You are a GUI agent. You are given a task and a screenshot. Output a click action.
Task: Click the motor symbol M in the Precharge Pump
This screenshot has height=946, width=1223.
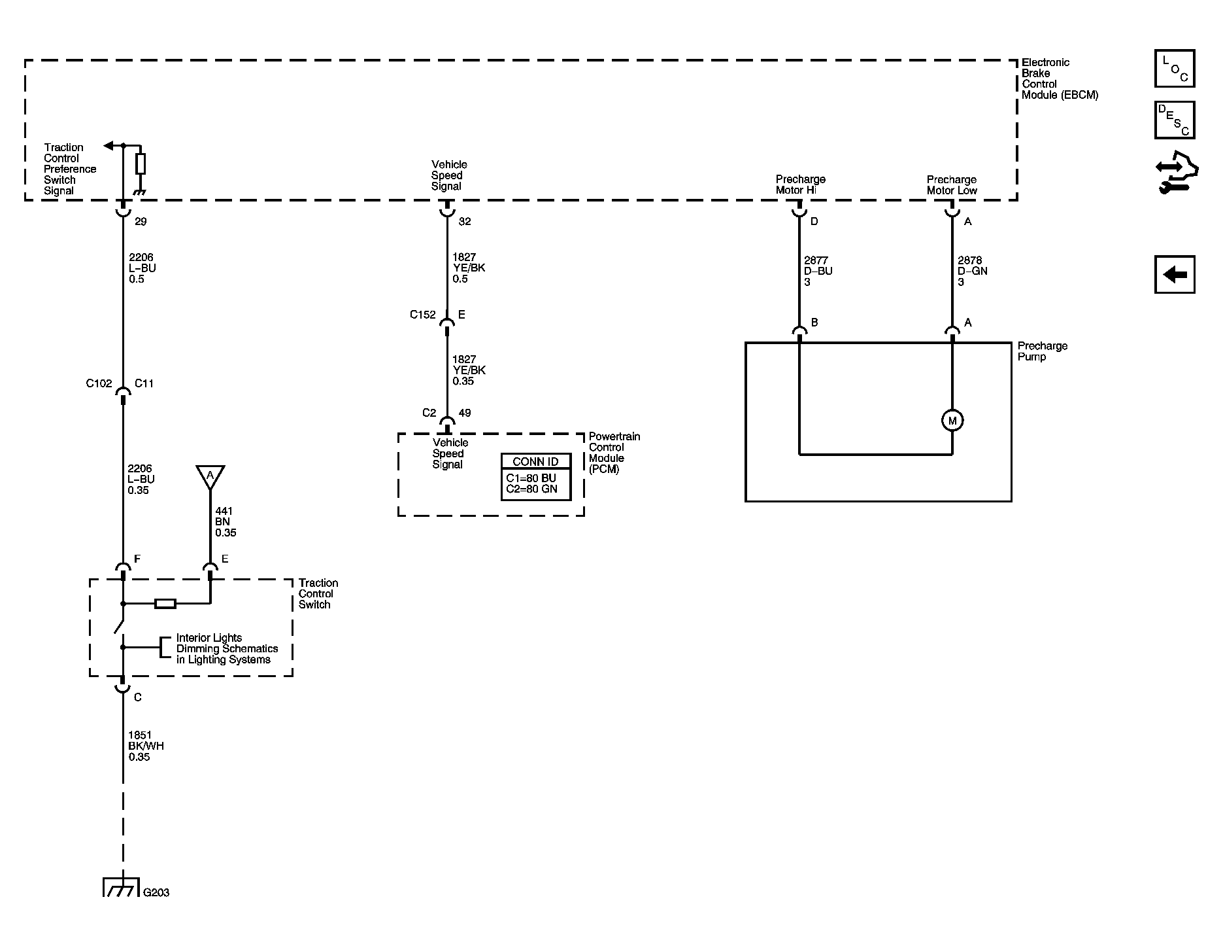pos(952,421)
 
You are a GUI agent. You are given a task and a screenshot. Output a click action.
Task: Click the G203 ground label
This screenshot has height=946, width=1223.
pos(156,892)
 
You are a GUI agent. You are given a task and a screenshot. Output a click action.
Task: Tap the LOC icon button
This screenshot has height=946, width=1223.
pos(1174,69)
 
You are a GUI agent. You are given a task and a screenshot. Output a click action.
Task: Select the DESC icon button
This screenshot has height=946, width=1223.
pos(1174,120)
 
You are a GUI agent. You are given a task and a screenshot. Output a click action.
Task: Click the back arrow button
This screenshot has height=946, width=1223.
pos(1174,274)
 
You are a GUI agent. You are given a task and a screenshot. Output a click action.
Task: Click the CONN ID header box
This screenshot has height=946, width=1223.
pos(535,461)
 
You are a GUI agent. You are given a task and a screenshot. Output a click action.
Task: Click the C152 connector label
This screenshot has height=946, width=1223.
pos(422,315)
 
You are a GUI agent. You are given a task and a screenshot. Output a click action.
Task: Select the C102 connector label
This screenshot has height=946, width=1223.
pos(99,383)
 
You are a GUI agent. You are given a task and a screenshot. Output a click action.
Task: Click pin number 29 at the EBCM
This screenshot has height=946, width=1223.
pos(141,222)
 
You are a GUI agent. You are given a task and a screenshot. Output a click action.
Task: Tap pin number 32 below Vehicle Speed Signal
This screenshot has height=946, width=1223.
pos(464,222)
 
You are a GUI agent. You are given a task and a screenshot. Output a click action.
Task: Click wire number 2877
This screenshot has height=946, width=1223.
pos(816,260)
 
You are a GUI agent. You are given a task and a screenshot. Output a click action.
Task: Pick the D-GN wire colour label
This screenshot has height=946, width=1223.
pos(972,271)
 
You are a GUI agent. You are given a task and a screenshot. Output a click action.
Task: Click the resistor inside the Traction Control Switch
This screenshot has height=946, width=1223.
pos(165,604)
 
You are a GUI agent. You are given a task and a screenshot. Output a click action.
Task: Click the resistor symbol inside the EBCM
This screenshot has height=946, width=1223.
pos(140,164)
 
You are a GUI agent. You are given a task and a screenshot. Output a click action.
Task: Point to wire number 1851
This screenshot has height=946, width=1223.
pos(140,735)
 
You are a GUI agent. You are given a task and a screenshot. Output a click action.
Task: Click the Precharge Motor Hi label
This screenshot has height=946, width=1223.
pos(800,184)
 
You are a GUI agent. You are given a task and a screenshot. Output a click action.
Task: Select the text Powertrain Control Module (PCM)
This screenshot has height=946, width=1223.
pos(614,453)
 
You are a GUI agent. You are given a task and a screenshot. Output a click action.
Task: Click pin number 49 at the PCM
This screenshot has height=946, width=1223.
pos(464,413)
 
